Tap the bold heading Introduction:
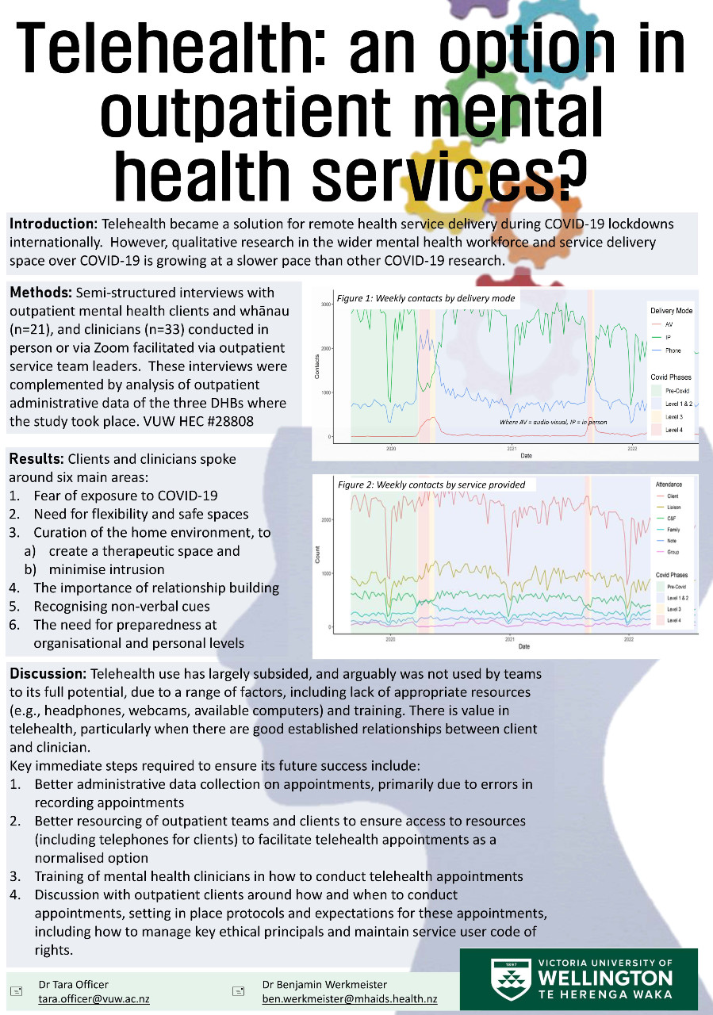(53, 224)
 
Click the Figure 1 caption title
(426, 298)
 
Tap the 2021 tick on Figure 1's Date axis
(512, 449)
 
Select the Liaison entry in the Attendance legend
(673, 507)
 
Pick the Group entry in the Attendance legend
(672, 552)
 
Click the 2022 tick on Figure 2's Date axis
(629, 638)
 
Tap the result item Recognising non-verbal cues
(121, 607)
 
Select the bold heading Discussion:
(48, 674)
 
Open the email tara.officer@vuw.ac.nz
(94, 999)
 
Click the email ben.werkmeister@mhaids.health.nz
(350, 999)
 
